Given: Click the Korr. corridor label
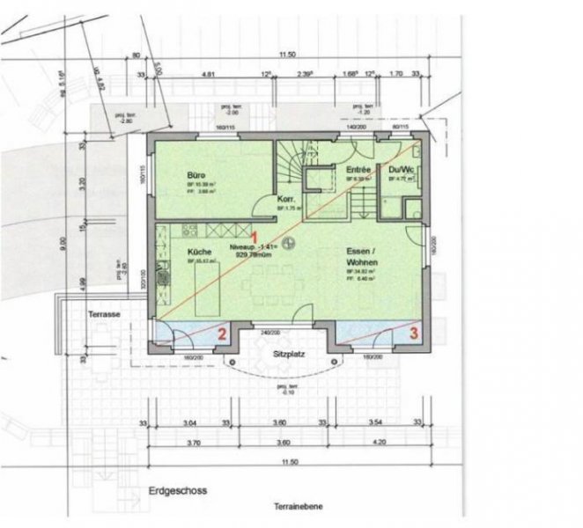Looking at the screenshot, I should coord(285,200).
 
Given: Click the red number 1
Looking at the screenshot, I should coord(254,238).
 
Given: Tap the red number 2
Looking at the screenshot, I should coord(222,334).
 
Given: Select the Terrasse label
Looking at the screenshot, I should coord(104,313).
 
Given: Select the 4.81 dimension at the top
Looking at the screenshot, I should coord(209,76).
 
